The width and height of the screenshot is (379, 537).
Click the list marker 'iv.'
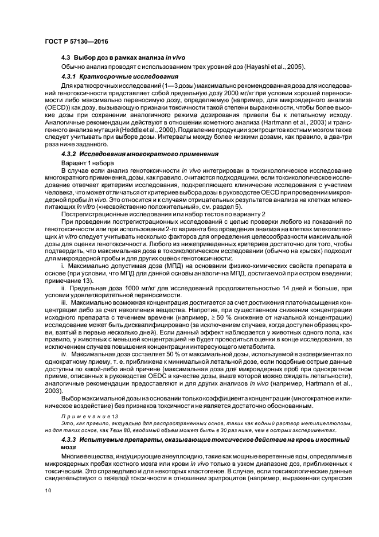(65, 355)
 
